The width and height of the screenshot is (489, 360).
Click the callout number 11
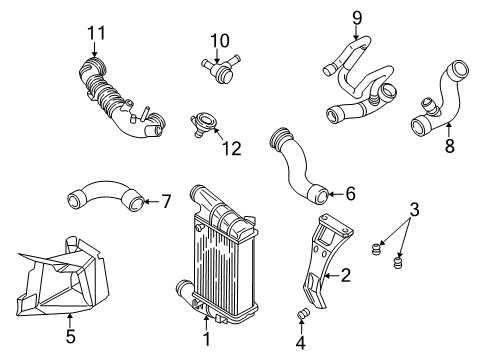click(96, 33)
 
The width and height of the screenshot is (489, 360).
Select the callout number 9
click(357, 18)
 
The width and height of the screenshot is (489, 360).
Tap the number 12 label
click(232, 148)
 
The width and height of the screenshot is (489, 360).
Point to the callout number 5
click(71, 336)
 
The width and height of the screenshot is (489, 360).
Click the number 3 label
click(414, 210)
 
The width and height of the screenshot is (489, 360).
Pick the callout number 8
click(450, 146)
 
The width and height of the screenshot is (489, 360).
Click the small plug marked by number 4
click(303, 314)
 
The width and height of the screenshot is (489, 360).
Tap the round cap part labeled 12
click(203, 124)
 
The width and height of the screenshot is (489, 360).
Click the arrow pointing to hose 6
click(336, 194)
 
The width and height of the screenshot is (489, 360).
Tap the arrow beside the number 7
click(152, 201)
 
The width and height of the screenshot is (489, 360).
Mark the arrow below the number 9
click(356, 33)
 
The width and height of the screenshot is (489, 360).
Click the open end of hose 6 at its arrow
click(319, 195)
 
